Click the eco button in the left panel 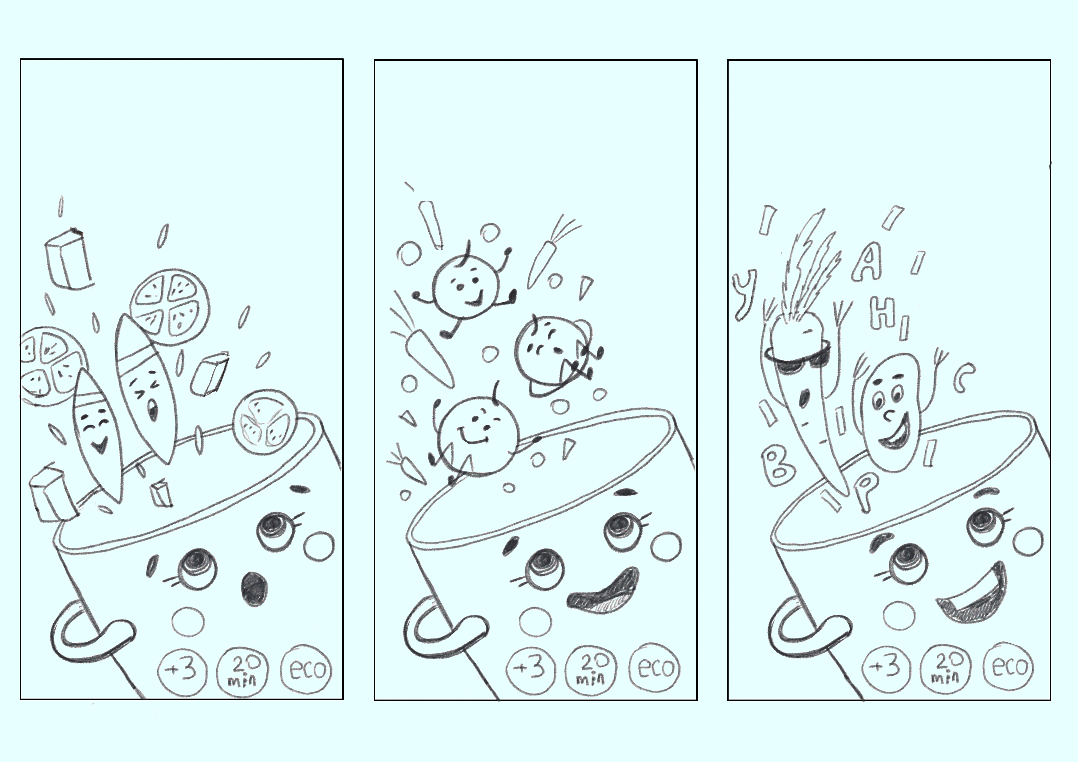pyautogui.click(x=306, y=669)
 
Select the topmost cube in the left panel pyautogui.click(x=69, y=258)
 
